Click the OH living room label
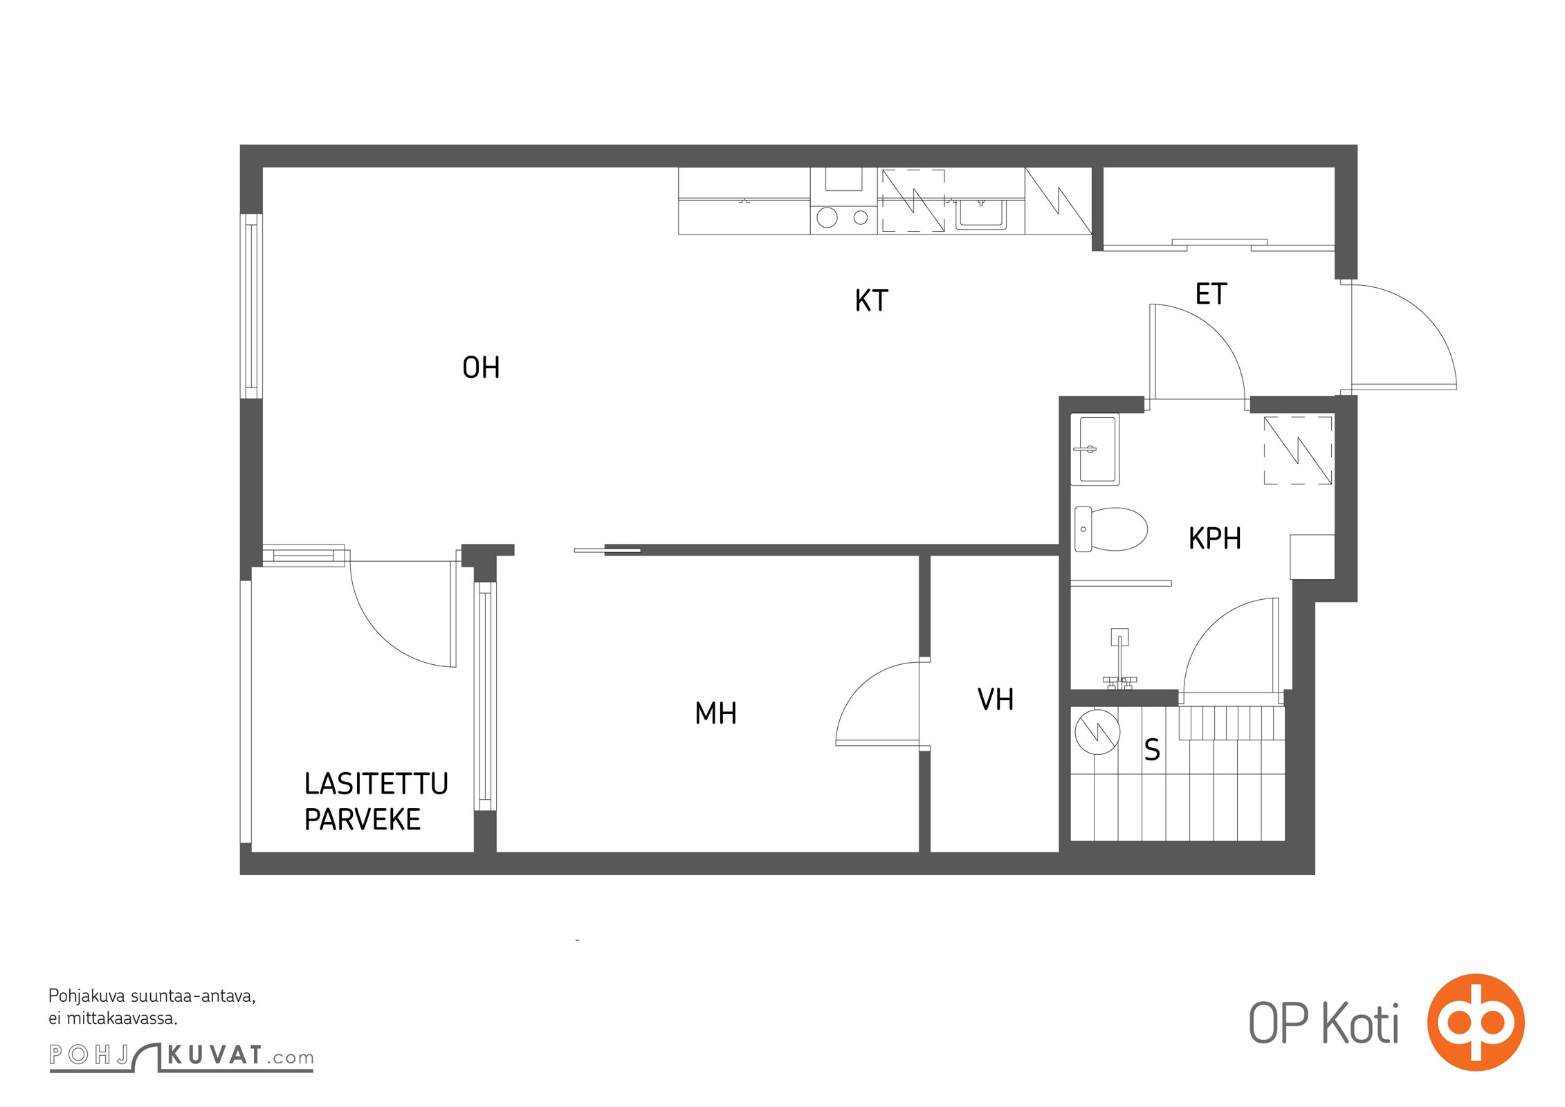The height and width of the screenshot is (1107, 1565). (x=481, y=367)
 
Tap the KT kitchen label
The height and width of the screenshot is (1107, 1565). (x=871, y=300)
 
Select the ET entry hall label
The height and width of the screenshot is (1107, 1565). (x=1211, y=294)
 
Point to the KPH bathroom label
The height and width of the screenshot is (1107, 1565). (x=1214, y=538)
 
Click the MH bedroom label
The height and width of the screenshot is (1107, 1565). (x=715, y=713)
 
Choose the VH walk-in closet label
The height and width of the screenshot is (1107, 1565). (x=996, y=699)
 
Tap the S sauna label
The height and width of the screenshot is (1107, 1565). (x=1152, y=749)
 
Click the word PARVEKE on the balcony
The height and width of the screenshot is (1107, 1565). (x=363, y=819)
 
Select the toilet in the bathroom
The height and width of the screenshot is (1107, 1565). (x=1110, y=529)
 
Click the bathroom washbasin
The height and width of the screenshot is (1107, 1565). (x=1095, y=449)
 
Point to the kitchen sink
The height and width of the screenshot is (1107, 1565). (x=981, y=214)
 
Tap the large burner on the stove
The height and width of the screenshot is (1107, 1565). (x=827, y=218)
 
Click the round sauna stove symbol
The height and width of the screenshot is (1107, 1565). (x=1097, y=731)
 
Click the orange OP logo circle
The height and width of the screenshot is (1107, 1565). (x=1476, y=1023)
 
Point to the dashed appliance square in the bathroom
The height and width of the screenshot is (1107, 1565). (x=1298, y=450)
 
